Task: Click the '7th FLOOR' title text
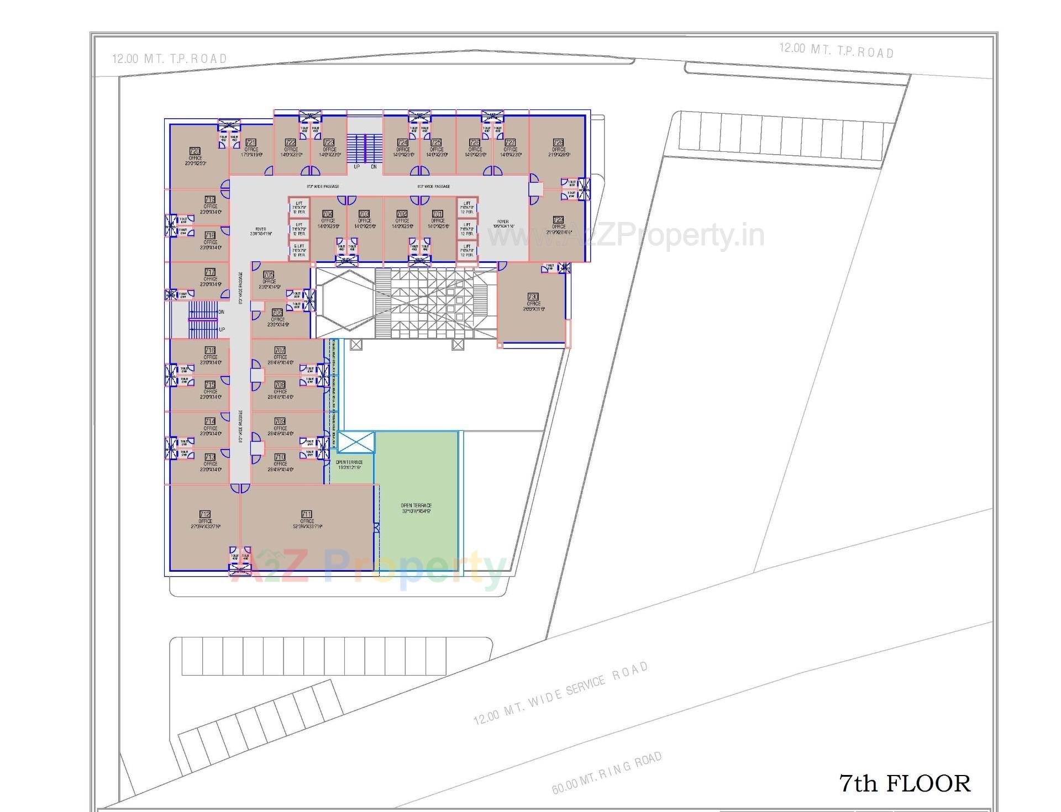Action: (x=905, y=784)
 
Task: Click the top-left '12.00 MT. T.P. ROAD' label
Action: (x=170, y=59)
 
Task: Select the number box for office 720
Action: (x=195, y=151)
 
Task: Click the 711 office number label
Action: (x=307, y=514)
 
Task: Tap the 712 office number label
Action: (x=205, y=514)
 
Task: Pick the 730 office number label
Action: (x=533, y=297)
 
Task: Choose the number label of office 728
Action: (x=558, y=143)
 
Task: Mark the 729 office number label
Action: (x=558, y=220)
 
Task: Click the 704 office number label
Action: (x=328, y=214)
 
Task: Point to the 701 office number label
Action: (x=437, y=214)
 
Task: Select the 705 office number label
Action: (x=269, y=275)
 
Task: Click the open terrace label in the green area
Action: (x=416, y=508)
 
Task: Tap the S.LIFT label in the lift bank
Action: (x=299, y=246)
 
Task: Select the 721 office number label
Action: (x=251, y=143)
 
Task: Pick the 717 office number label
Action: (x=210, y=272)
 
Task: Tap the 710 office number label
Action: (x=280, y=457)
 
